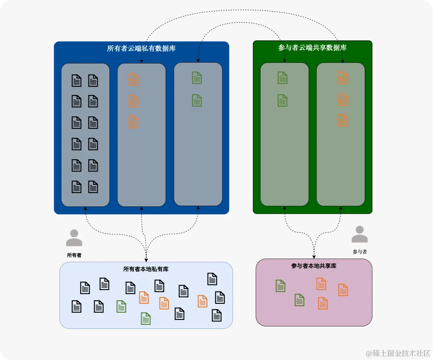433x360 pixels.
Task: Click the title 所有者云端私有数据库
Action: (x=141, y=49)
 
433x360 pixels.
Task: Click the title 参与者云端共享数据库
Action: (x=312, y=48)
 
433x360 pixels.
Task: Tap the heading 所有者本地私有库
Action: (x=146, y=269)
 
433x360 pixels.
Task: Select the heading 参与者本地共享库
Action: (x=314, y=266)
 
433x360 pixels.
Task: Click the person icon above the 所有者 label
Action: (x=74, y=238)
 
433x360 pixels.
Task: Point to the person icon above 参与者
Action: (x=359, y=234)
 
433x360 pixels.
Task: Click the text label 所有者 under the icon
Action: (x=74, y=255)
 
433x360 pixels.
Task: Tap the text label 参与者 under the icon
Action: (x=359, y=252)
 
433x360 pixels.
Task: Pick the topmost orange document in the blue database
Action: (x=133, y=79)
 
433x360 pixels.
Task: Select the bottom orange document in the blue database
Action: (x=133, y=122)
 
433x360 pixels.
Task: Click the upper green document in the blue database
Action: (x=197, y=78)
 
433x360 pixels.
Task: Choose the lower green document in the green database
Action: (x=282, y=100)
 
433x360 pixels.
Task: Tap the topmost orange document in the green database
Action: (x=343, y=78)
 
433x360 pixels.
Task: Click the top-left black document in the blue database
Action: (x=76, y=80)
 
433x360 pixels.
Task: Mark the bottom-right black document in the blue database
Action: (x=93, y=187)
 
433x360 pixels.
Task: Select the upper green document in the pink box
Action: (x=281, y=286)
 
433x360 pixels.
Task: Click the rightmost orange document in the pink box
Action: (x=343, y=290)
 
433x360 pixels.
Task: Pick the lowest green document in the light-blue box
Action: (x=146, y=318)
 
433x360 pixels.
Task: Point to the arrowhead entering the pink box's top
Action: (x=314, y=257)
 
